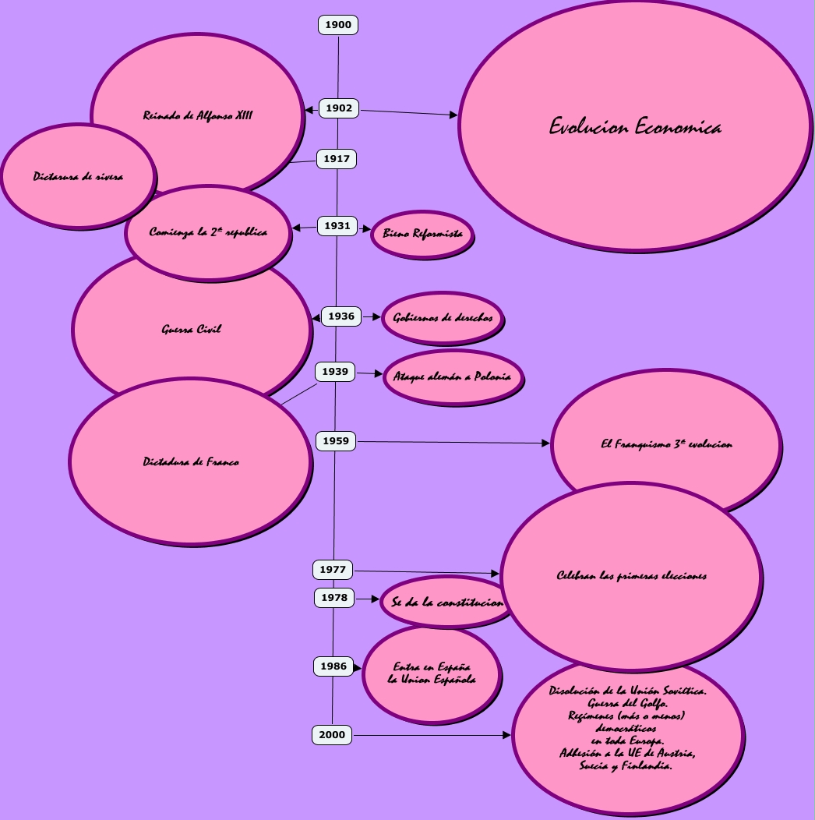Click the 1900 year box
coord(338,25)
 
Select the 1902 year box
coord(339,108)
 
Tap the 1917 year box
coord(337,159)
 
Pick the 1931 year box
coord(337,226)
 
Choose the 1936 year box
coord(341,316)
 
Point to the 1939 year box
coord(335,372)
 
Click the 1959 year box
coord(336,441)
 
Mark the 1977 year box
coord(333,570)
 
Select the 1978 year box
coord(334,598)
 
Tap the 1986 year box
coord(333,666)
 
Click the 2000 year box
coord(332,735)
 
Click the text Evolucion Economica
coord(635,127)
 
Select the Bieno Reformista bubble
coord(422,234)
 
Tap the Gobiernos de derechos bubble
coord(443,318)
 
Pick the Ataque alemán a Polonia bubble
coord(452,377)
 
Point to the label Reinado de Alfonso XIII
coord(198,115)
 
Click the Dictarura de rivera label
coord(78,177)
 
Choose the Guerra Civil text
coord(192,330)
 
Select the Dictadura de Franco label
coord(191,462)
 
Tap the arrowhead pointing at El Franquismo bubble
coord(545,444)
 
